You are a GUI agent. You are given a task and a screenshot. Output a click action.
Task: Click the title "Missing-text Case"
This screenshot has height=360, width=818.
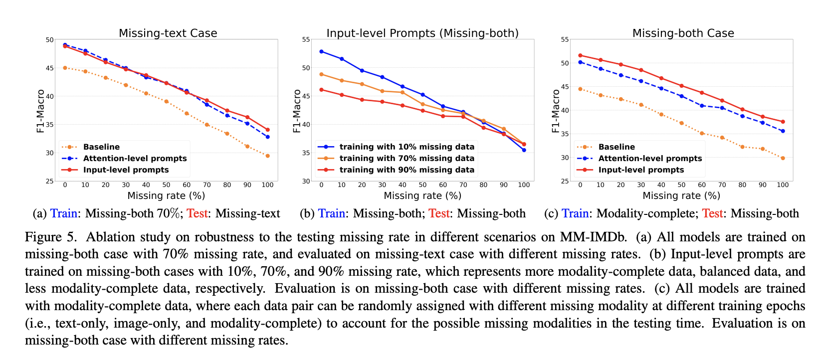click(168, 33)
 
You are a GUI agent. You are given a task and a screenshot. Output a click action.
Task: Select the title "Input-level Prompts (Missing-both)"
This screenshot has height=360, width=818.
click(422, 33)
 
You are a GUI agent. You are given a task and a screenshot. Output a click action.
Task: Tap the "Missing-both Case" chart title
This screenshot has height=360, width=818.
click(683, 33)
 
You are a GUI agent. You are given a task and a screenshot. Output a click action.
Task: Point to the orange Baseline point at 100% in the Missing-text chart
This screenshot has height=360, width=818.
click(267, 156)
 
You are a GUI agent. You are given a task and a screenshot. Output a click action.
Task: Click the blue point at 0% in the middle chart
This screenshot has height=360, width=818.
click(321, 51)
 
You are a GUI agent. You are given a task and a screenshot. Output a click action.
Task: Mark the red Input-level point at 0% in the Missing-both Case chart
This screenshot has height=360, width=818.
click(580, 55)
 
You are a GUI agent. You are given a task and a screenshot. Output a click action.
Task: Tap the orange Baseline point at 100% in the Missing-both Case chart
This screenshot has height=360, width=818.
click(783, 158)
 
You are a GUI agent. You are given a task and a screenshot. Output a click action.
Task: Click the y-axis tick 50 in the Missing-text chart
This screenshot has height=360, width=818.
click(49, 40)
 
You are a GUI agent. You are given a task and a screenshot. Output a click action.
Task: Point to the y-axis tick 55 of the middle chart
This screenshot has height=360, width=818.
click(306, 40)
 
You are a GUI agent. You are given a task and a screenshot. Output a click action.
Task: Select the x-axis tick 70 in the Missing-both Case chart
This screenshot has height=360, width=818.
click(722, 185)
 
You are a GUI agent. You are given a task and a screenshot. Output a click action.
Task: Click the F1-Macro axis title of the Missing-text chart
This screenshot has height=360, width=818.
click(41, 111)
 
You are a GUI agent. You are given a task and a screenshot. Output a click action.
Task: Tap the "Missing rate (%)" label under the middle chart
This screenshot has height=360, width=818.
click(422, 196)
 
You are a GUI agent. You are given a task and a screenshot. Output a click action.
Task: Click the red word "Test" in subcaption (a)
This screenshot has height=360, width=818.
click(197, 214)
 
